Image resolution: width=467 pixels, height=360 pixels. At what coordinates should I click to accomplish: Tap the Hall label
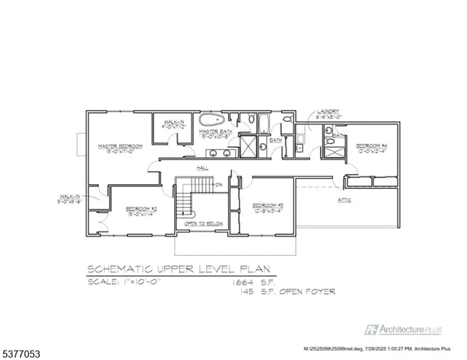(x=202, y=167)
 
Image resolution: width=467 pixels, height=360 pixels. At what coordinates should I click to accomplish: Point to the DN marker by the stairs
(x=219, y=184)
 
